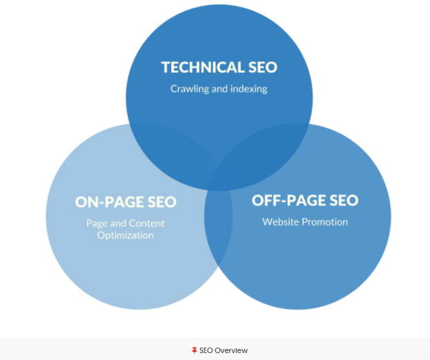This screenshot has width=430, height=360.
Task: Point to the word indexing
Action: [x=248, y=88]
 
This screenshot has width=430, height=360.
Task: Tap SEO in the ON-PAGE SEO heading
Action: [x=160, y=202]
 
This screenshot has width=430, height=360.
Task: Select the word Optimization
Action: [x=126, y=235]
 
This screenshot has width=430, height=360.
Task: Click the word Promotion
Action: [x=326, y=222]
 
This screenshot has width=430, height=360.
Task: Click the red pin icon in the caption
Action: [x=194, y=350]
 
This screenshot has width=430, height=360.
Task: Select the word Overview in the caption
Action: [x=231, y=350]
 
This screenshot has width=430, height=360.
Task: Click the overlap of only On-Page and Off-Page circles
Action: [x=219, y=234]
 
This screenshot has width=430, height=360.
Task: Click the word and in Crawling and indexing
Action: [x=219, y=88]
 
